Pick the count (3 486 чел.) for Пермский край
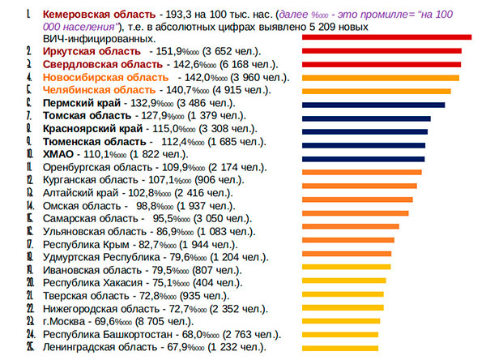tap(202, 104)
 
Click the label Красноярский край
tap(92, 129)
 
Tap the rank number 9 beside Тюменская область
tap(28, 141)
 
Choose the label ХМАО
tap(58, 154)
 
